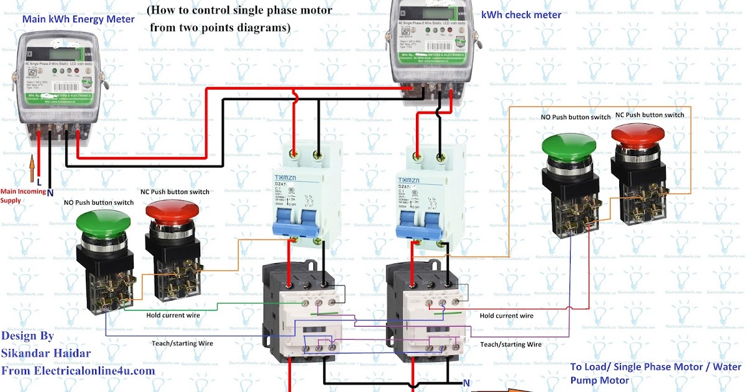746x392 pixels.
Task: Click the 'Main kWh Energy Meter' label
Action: coord(78,19)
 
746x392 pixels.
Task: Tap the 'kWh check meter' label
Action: coord(521,15)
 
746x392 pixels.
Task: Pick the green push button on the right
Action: coord(569,144)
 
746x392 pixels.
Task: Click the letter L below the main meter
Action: coord(39,182)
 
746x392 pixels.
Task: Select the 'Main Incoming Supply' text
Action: coord(23,196)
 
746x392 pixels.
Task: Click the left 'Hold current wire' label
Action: coord(173,315)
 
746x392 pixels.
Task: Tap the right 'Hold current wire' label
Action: coord(507,315)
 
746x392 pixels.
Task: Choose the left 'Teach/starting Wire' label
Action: coord(182,343)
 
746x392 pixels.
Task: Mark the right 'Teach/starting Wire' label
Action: coord(510,344)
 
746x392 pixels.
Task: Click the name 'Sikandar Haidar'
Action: coord(46,353)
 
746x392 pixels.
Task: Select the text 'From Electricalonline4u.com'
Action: coord(78,371)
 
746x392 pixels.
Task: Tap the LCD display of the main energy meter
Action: coord(59,46)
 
